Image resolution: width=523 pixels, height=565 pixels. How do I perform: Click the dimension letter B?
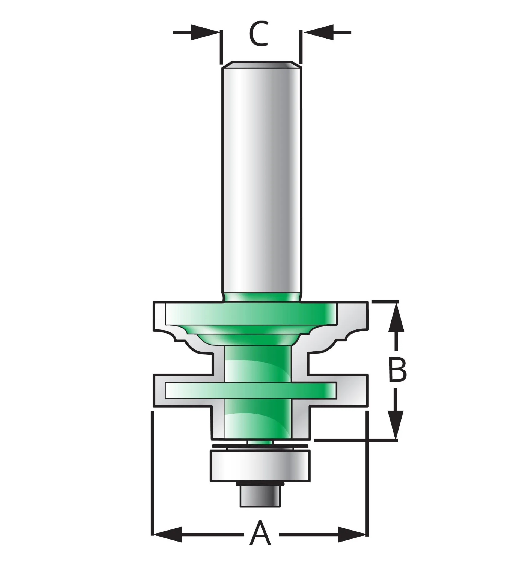click(x=397, y=370)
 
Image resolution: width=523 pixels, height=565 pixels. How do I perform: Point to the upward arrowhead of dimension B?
click(x=396, y=316)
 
